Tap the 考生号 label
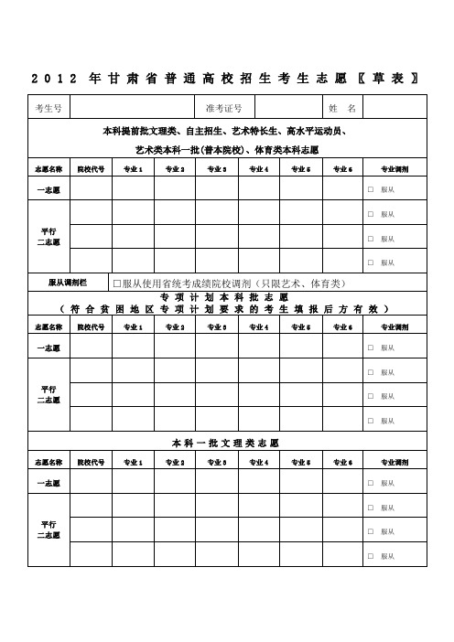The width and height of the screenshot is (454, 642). click(x=48, y=108)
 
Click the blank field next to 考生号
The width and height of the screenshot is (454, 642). click(x=137, y=108)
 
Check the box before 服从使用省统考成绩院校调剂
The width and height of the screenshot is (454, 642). click(x=116, y=282)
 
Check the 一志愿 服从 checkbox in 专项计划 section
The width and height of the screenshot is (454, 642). click(x=370, y=348)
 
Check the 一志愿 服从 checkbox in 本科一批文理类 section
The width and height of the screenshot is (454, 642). click(x=370, y=482)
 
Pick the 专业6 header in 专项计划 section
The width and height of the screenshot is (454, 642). click(x=343, y=326)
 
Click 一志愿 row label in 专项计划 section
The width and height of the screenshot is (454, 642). click(x=48, y=348)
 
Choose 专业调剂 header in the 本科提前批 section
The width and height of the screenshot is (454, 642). click(x=394, y=169)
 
